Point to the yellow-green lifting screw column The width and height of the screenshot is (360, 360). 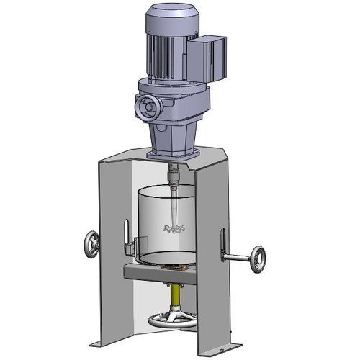point(175,292)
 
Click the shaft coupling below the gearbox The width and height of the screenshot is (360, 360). point(174,173)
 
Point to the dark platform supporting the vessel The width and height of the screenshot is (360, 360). point(158,271)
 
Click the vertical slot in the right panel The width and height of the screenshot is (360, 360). point(222,241)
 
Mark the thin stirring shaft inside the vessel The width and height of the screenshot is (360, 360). point(175,205)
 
